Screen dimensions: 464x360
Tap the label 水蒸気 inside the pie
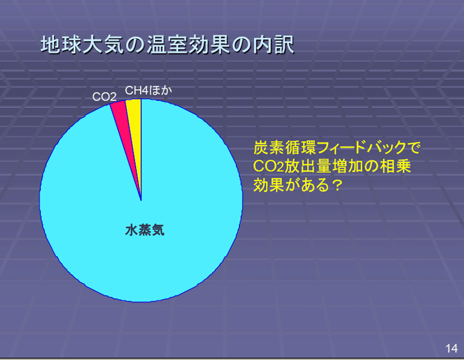(x=145, y=230)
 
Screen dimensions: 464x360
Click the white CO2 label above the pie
(x=104, y=97)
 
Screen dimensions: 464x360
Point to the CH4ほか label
(x=149, y=90)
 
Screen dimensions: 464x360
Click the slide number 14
(x=451, y=348)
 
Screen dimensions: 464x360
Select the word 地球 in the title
(x=61, y=45)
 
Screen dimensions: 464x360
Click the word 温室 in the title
(x=167, y=45)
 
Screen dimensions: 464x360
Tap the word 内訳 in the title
(x=273, y=45)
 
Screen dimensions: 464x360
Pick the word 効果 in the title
(x=209, y=45)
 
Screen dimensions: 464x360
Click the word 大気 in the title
(x=103, y=45)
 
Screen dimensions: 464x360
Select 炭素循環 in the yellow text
(x=285, y=147)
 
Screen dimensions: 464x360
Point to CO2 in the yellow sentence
(x=268, y=167)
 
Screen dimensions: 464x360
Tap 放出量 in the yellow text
(x=308, y=166)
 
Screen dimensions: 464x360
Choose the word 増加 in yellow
(x=347, y=166)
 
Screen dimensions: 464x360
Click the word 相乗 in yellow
(x=395, y=166)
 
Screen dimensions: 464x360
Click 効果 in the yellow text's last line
(x=269, y=185)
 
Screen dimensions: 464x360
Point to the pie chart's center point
(x=141, y=201)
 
